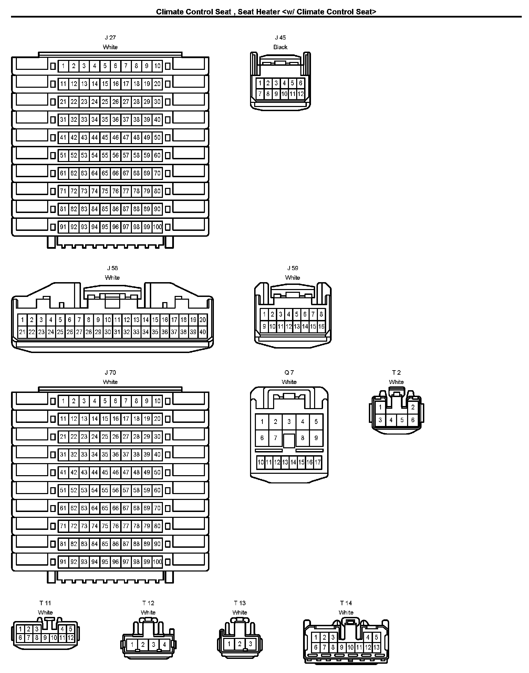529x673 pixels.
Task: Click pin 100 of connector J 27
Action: pos(157,227)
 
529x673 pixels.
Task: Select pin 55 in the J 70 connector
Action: pos(105,490)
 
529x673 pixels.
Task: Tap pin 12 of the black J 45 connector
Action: pos(301,94)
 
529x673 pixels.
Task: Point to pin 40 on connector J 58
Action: pos(203,332)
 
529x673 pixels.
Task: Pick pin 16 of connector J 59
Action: pos(321,327)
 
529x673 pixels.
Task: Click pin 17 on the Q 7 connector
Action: pos(318,462)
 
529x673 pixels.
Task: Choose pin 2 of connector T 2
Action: pos(413,407)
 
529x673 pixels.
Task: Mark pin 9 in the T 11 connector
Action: pos(45,638)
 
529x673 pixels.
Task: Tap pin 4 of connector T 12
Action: pos(165,644)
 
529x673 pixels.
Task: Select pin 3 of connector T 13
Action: pos(250,644)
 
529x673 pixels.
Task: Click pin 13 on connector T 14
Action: pos(376,647)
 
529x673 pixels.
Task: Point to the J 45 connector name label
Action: pos(280,38)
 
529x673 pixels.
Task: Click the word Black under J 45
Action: pos(280,47)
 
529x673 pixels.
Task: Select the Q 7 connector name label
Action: pos(289,372)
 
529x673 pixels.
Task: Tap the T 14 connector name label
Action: pos(346,603)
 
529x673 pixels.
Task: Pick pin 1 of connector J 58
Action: pos(22,320)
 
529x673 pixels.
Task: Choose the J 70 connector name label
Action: pos(110,372)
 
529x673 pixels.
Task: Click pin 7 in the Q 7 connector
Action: pos(276,438)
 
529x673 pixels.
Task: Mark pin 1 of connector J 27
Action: pos(63,66)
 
